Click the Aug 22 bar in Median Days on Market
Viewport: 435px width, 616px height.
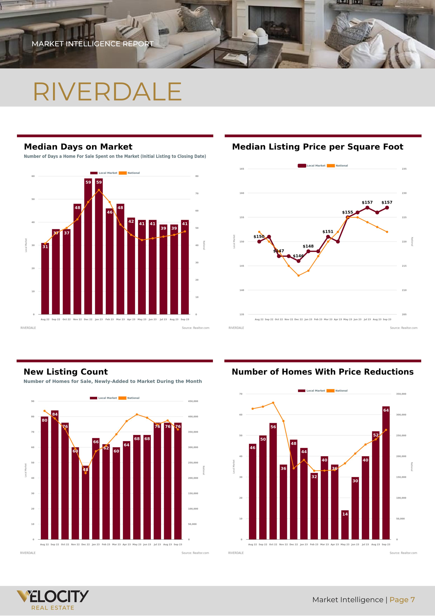click(x=45, y=279)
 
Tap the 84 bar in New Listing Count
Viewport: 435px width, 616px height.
click(x=55, y=475)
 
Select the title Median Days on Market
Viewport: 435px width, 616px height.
click(x=78, y=147)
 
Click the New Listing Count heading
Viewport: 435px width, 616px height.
click(x=66, y=372)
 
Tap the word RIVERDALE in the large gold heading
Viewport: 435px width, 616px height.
click(x=107, y=92)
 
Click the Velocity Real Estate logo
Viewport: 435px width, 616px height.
click(x=53, y=600)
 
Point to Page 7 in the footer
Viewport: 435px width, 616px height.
click(x=402, y=600)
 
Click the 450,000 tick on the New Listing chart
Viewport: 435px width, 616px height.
click(x=193, y=401)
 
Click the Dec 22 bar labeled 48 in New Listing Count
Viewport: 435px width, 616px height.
click(x=86, y=504)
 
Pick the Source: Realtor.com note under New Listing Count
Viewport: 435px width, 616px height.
click(x=195, y=553)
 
